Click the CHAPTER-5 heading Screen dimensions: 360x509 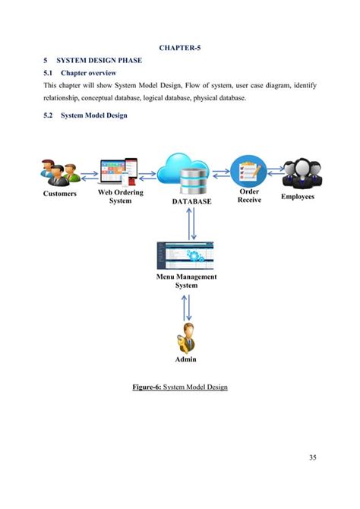pyautogui.click(x=180, y=48)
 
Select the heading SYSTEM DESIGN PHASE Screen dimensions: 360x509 pyautogui.click(x=99, y=60)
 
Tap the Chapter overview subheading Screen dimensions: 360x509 pyautogui.click(x=89, y=73)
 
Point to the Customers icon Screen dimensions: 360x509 pyautogui.click(x=60, y=172)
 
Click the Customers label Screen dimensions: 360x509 pyautogui.click(x=60, y=194)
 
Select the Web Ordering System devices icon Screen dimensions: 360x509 pyautogui.click(x=118, y=172)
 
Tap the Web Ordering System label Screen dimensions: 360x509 pyautogui.click(x=121, y=197)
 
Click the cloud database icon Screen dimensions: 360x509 pyautogui.click(x=184, y=174)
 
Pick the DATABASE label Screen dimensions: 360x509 pyautogui.click(x=191, y=201)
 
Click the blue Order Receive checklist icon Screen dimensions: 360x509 pyautogui.click(x=248, y=172)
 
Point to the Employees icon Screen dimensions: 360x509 pyautogui.click(x=302, y=173)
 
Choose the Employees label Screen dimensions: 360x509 pyautogui.click(x=298, y=197)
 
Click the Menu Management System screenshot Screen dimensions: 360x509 pyautogui.click(x=185, y=255)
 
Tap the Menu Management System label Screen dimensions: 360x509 pyautogui.click(x=186, y=281)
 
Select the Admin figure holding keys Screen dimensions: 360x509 pyautogui.click(x=186, y=338)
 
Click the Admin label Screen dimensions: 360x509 pyautogui.click(x=185, y=359)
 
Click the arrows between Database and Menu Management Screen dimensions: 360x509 pyautogui.click(x=191, y=223)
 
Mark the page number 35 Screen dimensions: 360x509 pyautogui.click(x=313, y=457)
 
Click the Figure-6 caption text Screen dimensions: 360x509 pyautogui.click(x=180, y=387)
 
